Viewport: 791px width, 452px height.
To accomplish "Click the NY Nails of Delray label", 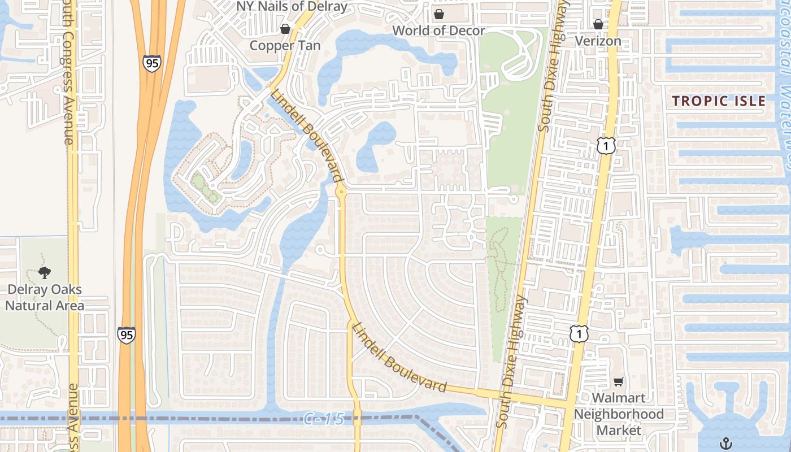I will tap(292, 7).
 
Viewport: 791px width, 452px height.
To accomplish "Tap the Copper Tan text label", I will tap(285, 46).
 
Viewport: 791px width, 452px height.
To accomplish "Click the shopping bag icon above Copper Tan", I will tap(285, 28).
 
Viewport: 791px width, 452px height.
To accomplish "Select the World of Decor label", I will tap(438, 31).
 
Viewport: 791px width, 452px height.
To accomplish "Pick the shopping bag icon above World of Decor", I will tap(438, 14).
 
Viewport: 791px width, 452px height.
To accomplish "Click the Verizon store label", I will tap(598, 41).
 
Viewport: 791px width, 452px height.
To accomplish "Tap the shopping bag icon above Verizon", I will tap(598, 24).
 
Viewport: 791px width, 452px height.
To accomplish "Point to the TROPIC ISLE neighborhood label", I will tap(719, 101).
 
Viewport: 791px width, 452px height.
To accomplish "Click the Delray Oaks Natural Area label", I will tap(45, 298).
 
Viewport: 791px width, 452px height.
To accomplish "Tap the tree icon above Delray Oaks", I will tap(45, 273).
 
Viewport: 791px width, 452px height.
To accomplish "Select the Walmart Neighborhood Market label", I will tap(619, 414).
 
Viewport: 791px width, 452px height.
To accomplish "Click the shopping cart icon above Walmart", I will tap(619, 381).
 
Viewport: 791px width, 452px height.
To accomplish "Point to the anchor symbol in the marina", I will tap(726, 442).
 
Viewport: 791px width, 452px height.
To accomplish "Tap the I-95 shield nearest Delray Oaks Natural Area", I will tap(127, 335).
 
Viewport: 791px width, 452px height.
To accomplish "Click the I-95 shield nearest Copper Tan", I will tap(152, 63).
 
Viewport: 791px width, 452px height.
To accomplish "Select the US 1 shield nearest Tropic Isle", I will tap(605, 146).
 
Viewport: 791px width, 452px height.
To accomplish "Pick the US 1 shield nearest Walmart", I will tap(579, 333).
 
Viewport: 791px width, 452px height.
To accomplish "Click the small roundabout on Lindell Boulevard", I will tap(341, 192).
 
